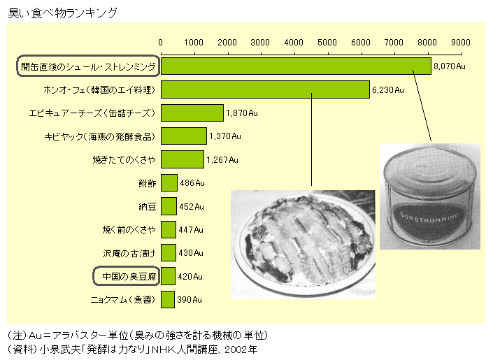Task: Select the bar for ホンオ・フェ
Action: pos(265,89)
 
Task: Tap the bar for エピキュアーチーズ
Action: pos(192,113)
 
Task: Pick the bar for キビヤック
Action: pos(184,136)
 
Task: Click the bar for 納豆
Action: pos(169,206)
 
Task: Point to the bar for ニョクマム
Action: pos(168,299)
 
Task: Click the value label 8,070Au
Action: pos(449,66)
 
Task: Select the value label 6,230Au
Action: pos(388,89)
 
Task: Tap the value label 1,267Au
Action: pos(222,159)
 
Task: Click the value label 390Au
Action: pos(189,299)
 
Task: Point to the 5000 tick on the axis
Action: pos(327,42)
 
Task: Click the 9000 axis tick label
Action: pos(461,42)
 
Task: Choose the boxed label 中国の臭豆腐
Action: pos(126,276)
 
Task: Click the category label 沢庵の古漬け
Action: pos(128,252)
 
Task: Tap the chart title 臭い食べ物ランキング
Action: pos(62,13)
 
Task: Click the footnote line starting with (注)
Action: pos(136,335)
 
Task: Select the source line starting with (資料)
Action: pos(133,348)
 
